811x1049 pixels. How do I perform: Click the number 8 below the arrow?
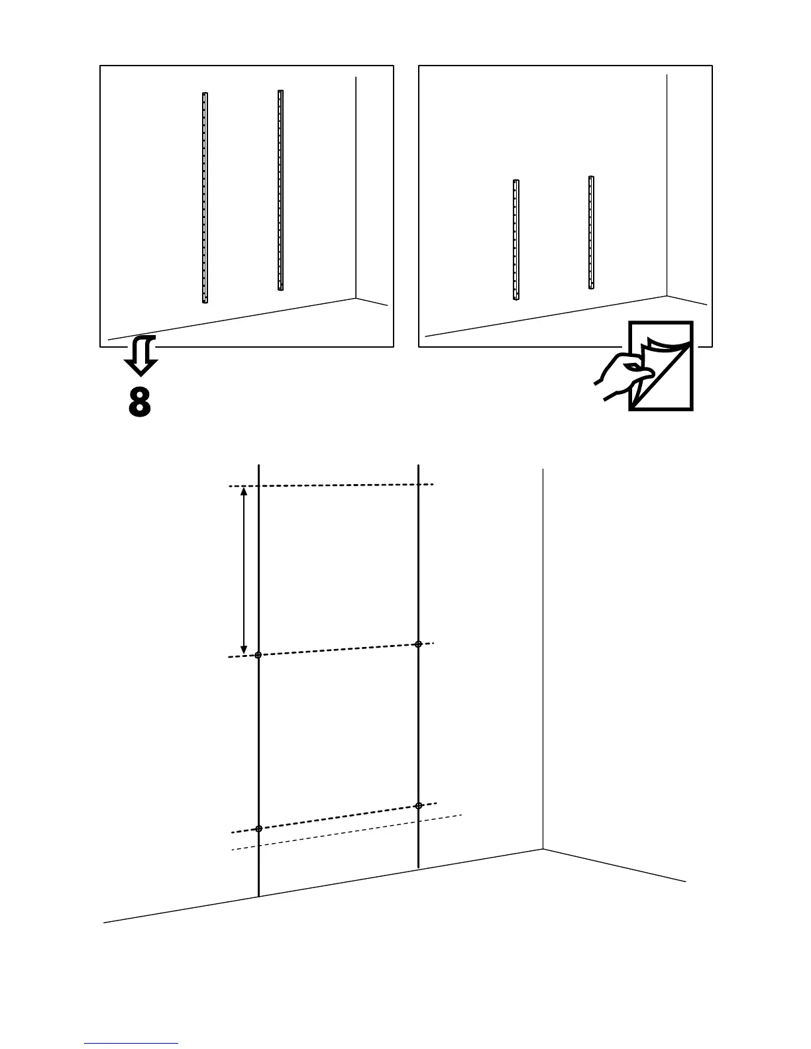tap(140, 401)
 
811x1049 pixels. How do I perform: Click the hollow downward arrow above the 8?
tap(141, 356)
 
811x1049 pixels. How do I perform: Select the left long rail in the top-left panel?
tap(205, 197)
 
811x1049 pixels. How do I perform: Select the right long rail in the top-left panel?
tap(280, 190)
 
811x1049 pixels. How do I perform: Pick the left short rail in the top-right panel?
tap(515, 240)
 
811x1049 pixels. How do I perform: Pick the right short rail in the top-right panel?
tap(591, 232)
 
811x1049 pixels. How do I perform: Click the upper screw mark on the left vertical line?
tap(258, 655)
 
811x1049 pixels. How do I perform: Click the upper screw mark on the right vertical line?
tap(418, 644)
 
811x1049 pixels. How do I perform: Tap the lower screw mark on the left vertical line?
tap(258, 828)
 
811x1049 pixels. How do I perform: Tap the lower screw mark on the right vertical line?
tap(418, 806)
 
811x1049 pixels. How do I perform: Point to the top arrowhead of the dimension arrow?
tap(244, 491)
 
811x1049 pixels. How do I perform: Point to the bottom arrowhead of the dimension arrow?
tap(244, 650)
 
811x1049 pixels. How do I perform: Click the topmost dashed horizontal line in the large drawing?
tap(331, 485)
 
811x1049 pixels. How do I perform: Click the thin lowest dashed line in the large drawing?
tap(345, 832)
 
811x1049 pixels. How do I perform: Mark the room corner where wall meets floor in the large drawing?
tap(543, 849)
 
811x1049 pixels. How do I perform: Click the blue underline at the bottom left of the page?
tap(131, 1044)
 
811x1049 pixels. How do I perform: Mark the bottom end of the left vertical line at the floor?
tap(258, 897)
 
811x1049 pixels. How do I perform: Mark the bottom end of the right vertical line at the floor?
tap(418, 867)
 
